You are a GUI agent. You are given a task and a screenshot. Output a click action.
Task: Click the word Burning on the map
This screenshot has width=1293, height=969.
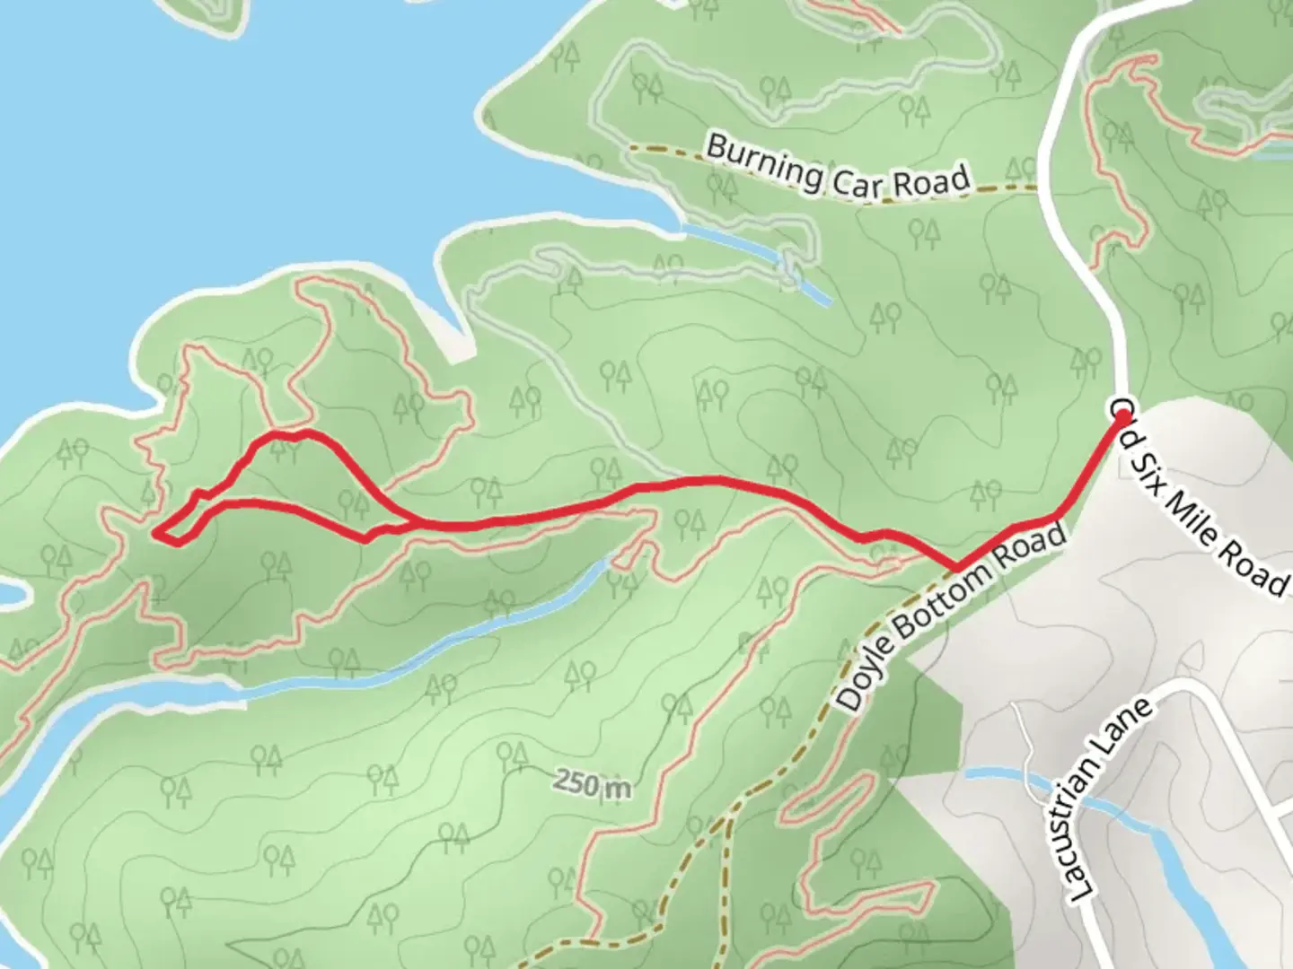pos(763,161)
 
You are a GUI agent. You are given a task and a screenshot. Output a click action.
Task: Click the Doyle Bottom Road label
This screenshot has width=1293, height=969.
pos(954,619)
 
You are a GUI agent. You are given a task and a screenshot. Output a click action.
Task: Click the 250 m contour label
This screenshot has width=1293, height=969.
pos(592,784)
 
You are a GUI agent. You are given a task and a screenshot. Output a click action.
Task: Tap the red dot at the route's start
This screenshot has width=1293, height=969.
pos(1122,416)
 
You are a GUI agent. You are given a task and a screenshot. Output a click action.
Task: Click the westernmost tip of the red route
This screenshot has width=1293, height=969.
pos(156,534)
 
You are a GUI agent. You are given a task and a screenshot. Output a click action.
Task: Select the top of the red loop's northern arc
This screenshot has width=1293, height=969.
pos(296,435)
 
